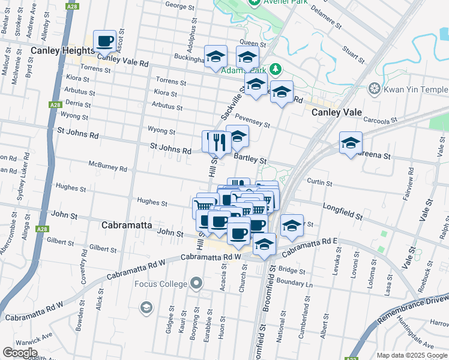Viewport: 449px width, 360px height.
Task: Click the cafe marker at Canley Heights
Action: pos(104,41)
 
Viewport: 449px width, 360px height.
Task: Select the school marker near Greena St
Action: pos(351,143)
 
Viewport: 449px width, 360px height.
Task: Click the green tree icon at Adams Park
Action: pos(276,69)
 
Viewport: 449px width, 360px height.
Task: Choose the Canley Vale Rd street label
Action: pos(127,62)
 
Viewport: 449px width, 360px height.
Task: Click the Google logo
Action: pos(20,352)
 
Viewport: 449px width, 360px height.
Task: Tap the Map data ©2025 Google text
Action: pos(411,355)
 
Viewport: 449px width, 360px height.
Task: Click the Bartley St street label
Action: pos(250,158)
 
